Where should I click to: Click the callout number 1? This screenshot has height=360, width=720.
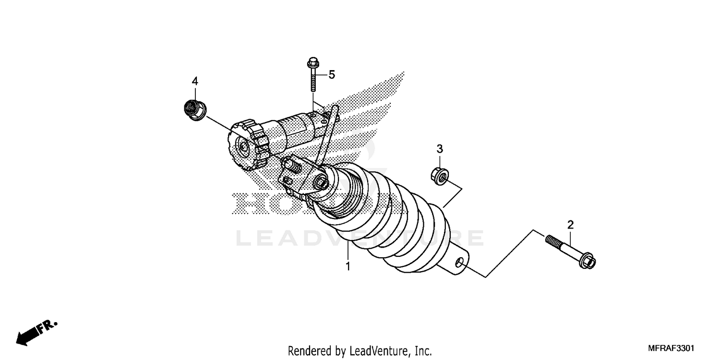[x=348, y=265]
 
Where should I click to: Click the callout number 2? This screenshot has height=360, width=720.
[x=570, y=224]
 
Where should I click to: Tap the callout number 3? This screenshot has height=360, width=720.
[x=439, y=149]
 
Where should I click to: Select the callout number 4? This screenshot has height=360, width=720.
[x=195, y=81]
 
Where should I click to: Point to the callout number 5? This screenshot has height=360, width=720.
[x=332, y=74]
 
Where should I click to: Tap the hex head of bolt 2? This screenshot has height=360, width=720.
[x=588, y=262]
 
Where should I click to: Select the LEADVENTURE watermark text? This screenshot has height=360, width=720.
[x=360, y=238]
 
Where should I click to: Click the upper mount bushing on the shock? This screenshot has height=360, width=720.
[x=321, y=183]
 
